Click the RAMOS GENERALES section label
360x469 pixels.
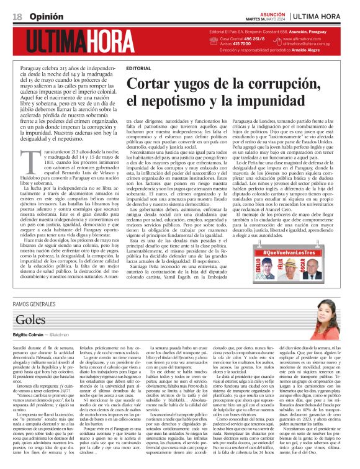coord(37,303)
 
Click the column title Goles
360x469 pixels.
coord(30,319)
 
